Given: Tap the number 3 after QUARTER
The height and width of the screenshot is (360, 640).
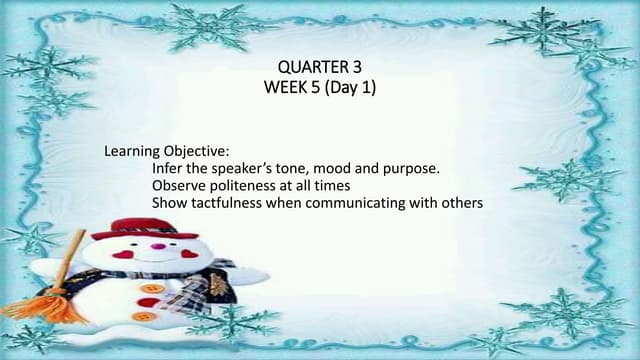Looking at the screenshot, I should [x=357, y=67].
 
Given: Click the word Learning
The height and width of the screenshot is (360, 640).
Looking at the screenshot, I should [x=131, y=152].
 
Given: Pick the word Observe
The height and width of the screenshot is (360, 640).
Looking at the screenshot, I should [x=179, y=186].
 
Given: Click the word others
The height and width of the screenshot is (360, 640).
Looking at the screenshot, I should [x=462, y=203].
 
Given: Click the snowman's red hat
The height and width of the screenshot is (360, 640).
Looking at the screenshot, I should [x=145, y=227].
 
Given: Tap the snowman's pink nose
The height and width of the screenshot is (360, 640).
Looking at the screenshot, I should [x=157, y=245].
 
